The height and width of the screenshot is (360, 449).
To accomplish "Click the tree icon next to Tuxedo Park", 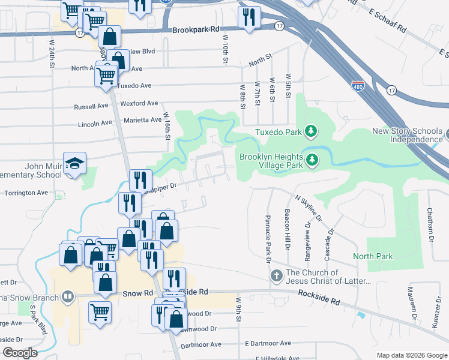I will pos(310,131).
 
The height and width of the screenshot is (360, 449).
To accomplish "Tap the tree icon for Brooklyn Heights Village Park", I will pos(312,159).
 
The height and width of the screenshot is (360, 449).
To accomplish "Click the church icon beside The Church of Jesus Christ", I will pos(276,277).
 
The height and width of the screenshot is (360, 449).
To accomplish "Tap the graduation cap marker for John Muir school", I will pos(75,163).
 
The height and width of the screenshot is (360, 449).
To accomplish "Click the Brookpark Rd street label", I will pos(196,29).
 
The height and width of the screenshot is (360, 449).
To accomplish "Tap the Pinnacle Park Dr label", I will pos(268,238).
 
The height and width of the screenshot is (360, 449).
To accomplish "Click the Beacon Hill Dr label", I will pos(289,230).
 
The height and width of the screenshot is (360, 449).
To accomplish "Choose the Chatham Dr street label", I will pos(430,225).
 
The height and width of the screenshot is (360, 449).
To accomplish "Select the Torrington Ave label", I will pos(26,193).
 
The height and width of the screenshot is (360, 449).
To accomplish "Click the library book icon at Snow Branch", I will pos(67,296).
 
